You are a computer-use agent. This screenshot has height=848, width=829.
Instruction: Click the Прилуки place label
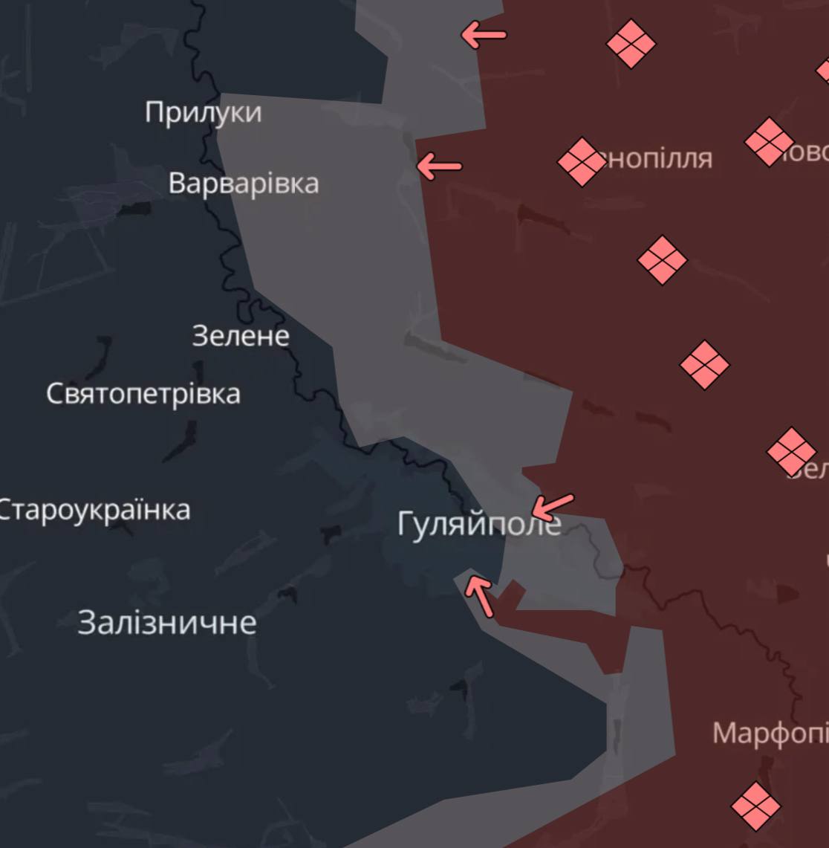[x=203, y=113]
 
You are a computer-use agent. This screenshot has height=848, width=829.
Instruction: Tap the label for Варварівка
[x=244, y=183]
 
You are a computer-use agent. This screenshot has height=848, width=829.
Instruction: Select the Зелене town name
[x=241, y=336]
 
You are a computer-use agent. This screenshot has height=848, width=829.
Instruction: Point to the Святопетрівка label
[x=143, y=393]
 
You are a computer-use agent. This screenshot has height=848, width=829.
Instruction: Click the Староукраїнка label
[x=94, y=511]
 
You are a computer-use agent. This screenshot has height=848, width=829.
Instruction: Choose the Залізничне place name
[x=167, y=622]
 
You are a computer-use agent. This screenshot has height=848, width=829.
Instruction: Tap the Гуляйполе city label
[x=479, y=524]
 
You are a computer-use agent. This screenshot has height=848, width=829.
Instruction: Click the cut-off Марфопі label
[x=770, y=734]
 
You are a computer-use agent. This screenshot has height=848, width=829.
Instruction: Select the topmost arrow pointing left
[x=484, y=34]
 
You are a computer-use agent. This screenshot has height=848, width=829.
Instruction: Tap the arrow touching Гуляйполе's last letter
[x=553, y=507]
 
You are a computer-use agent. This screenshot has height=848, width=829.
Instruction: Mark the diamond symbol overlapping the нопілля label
[x=581, y=162]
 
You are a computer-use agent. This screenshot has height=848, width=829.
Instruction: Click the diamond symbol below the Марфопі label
[x=756, y=806]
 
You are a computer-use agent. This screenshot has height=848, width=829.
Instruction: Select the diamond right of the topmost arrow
[x=631, y=44]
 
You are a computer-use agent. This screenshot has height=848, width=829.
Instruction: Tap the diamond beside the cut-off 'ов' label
[x=770, y=141]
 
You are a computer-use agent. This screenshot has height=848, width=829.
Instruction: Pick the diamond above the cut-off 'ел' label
[x=791, y=451]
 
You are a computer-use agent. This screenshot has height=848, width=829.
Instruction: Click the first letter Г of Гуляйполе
[x=406, y=524]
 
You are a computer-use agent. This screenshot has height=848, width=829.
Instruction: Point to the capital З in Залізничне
[x=87, y=622]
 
